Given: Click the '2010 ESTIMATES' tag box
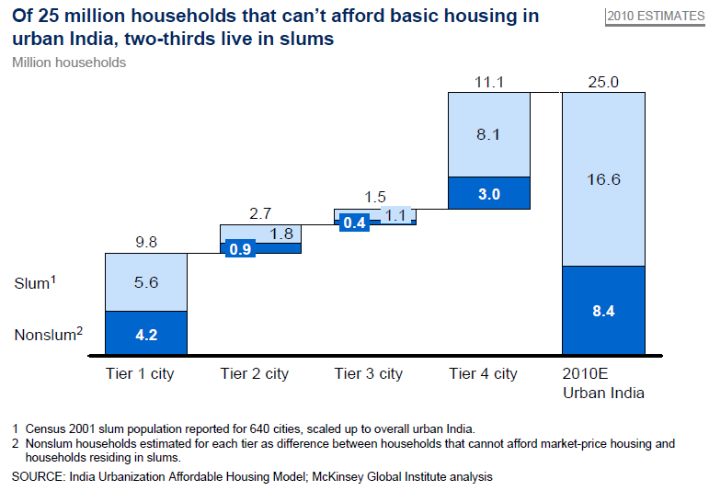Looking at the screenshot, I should [x=654, y=17].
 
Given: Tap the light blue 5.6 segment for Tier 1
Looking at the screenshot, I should [x=146, y=282].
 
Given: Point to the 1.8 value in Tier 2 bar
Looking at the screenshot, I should [x=281, y=234].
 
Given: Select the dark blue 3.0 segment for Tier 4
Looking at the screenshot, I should [x=488, y=193].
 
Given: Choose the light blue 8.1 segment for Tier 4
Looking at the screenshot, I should [x=488, y=134].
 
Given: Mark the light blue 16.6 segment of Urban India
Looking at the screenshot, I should [x=603, y=179].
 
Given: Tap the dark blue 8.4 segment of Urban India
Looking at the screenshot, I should [x=603, y=311].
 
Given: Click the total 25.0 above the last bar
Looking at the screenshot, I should [x=603, y=83].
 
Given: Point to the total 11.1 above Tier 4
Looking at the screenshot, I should [x=488, y=83].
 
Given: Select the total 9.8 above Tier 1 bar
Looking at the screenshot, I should [x=146, y=244].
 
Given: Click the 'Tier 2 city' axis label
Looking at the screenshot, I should [x=255, y=373].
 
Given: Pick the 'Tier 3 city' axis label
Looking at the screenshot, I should [x=369, y=373].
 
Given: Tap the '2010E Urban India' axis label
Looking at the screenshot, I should [x=603, y=383].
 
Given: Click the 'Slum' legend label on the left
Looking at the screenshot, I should [x=33, y=283].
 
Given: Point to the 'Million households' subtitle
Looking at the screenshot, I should [x=69, y=63].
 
